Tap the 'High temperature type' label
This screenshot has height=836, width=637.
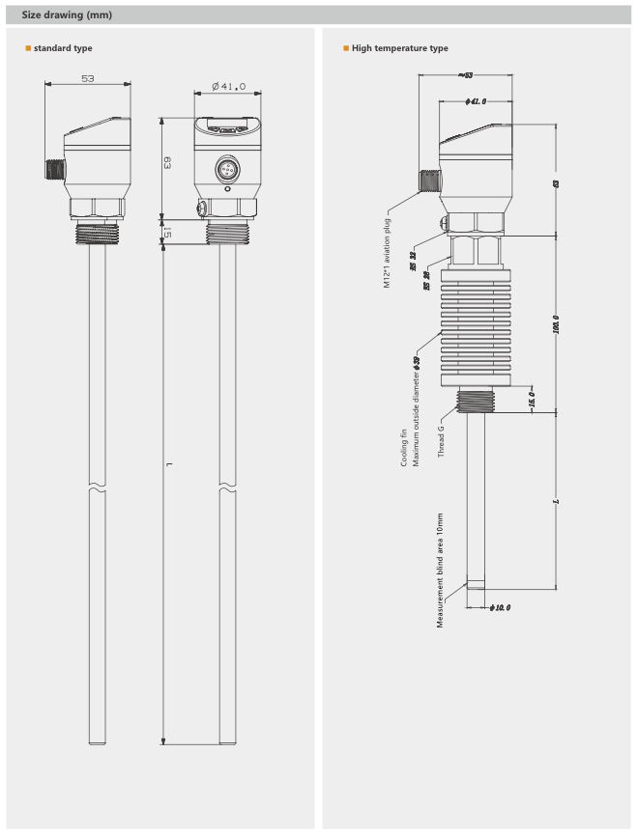click(x=399, y=48)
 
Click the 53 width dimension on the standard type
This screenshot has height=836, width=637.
click(x=88, y=79)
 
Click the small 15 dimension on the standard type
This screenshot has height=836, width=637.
click(x=166, y=233)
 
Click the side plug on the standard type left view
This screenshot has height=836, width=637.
click(x=54, y=170)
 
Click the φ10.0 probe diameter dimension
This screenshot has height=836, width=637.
click(x=500, y=607)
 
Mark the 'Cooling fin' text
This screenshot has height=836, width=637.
click(x=404, y=449)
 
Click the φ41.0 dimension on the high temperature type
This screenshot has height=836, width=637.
click(x=475, y=100)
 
